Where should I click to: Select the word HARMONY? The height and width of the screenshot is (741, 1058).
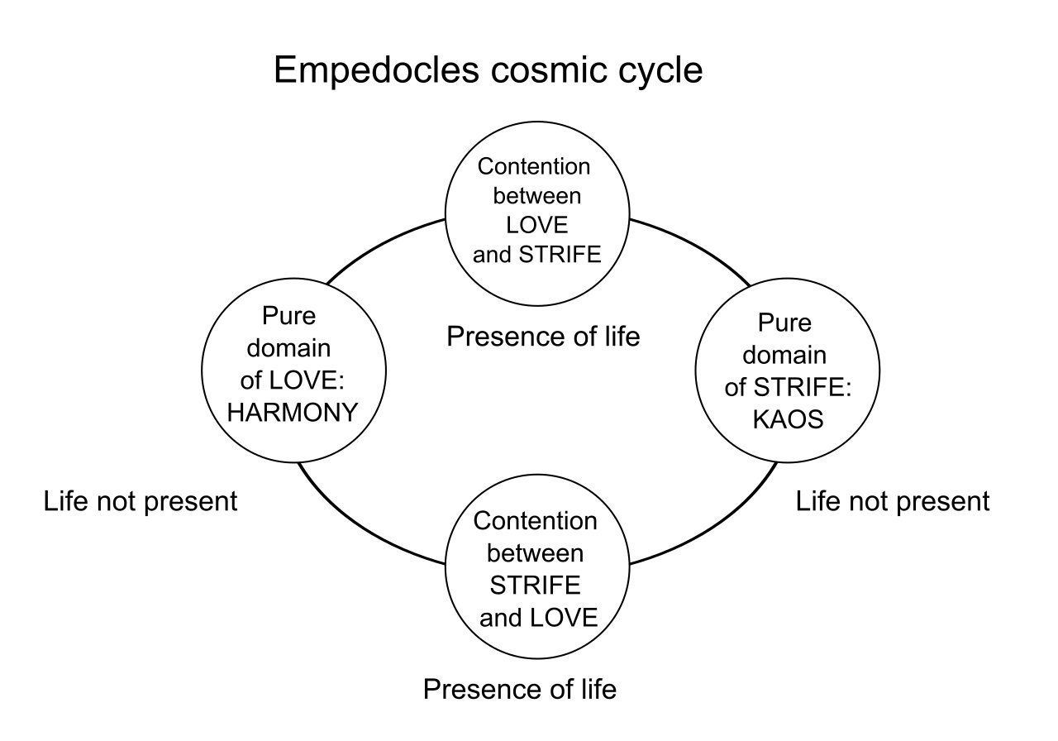coord(293,412)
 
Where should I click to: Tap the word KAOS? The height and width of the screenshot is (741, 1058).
coord(788,419)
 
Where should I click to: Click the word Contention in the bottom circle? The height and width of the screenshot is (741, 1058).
coord(535,521)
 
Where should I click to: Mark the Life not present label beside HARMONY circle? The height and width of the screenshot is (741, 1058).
coord(141,501)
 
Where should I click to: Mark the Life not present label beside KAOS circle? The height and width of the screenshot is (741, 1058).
coord(893,501)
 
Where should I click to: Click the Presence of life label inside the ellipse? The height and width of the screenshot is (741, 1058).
coord(543,337)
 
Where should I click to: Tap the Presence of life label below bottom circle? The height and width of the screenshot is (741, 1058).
coord(520,689)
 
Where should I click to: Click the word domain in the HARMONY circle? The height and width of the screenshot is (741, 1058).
coord(292,349)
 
